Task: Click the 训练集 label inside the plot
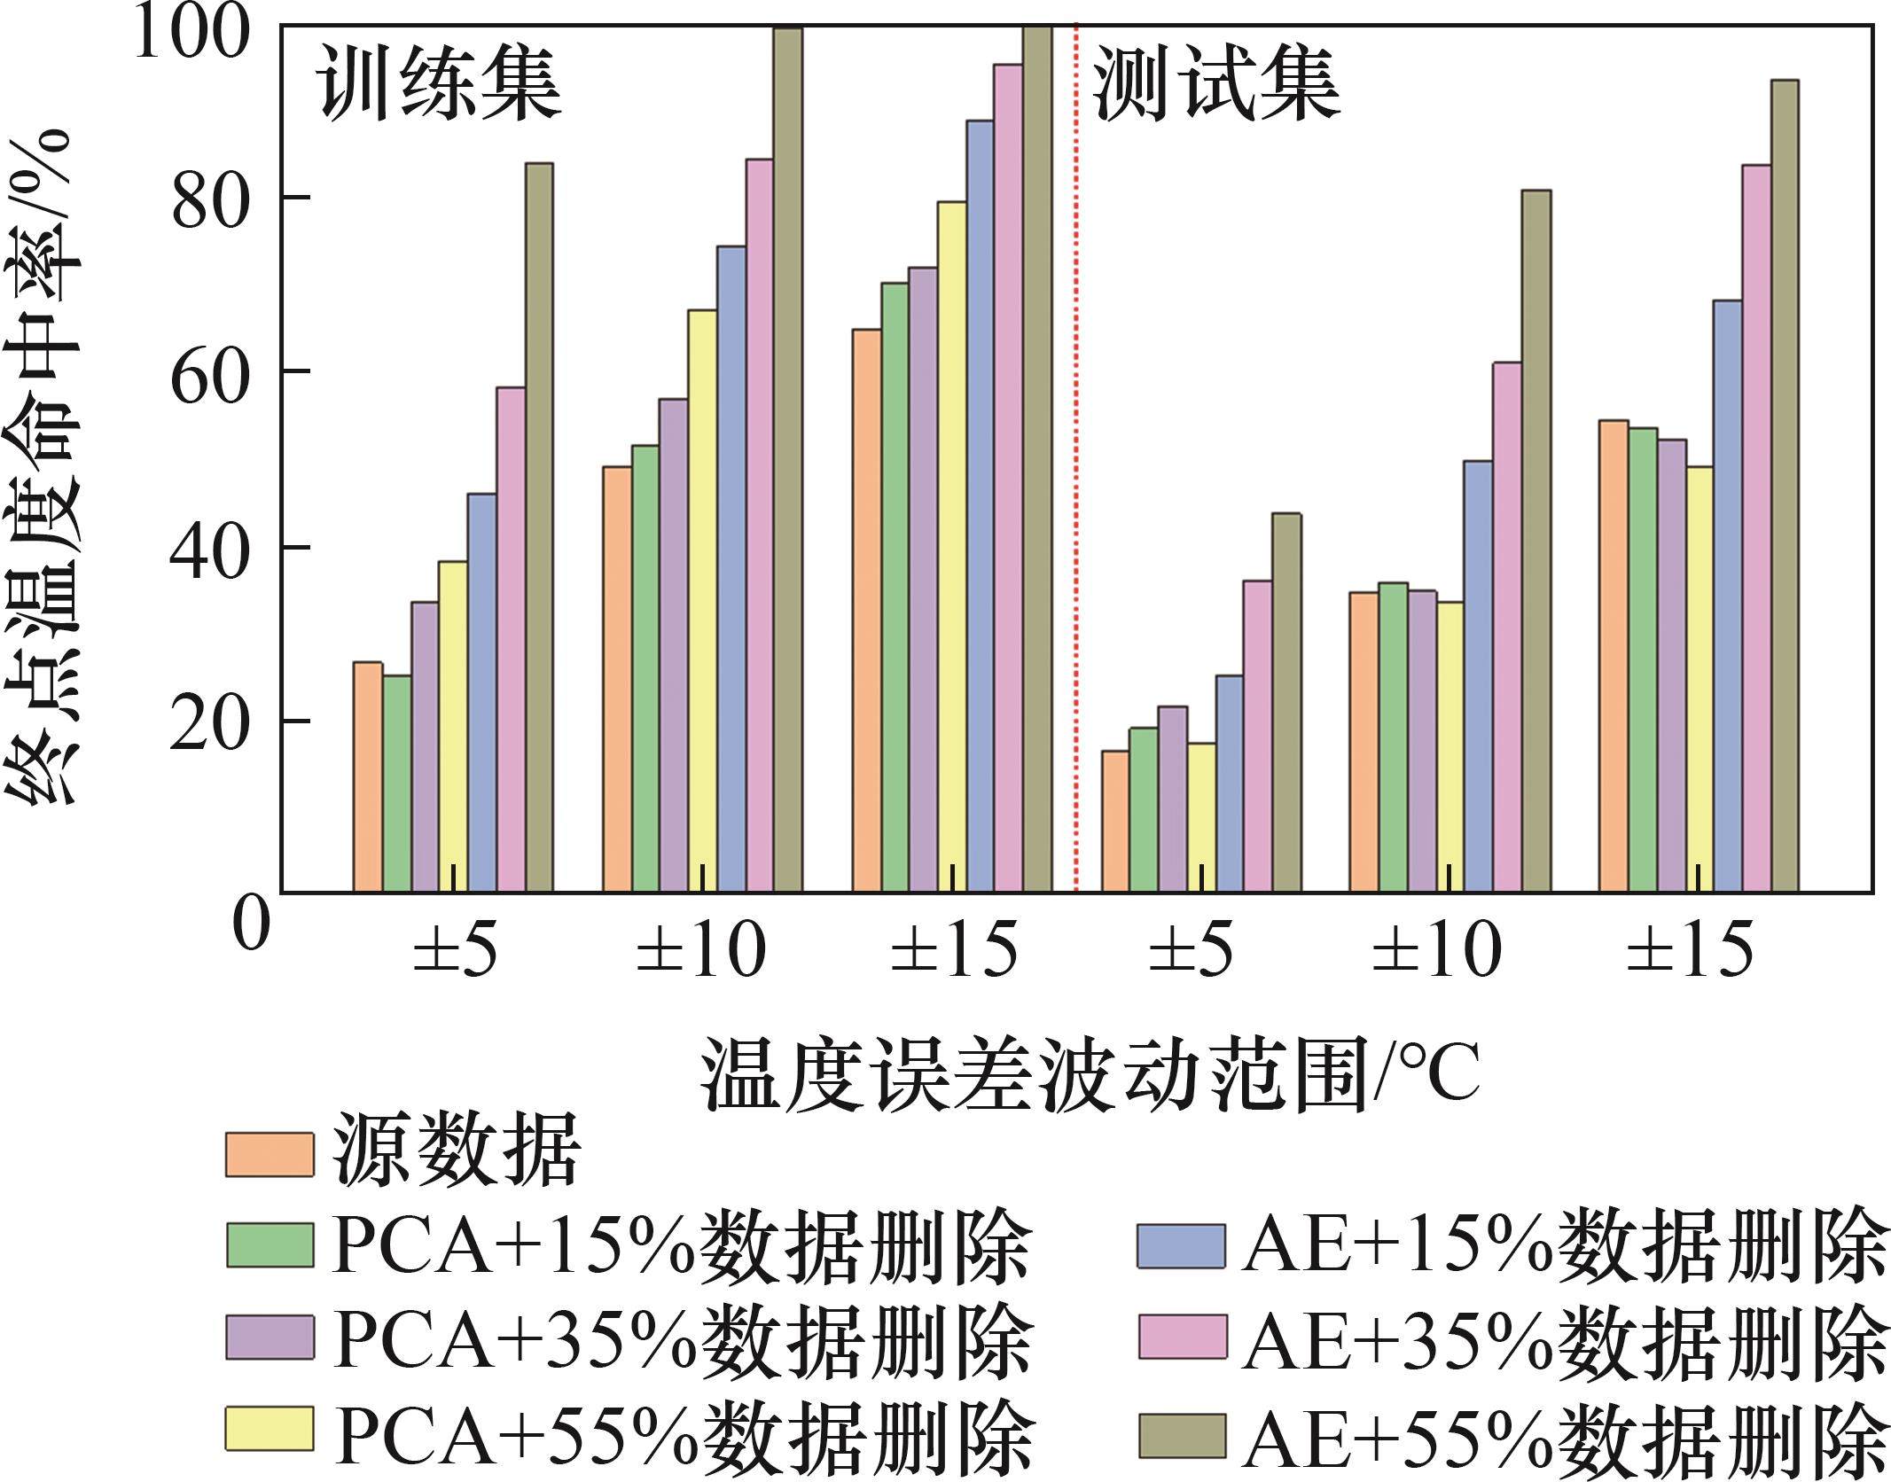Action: pos(441,85)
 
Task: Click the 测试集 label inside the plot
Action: pos(1216,85)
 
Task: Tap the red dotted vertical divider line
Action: pos(1076,443)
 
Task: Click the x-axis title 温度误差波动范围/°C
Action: pos(1090,1079)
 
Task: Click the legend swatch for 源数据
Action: pos(270,1154)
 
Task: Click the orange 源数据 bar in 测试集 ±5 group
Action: pos(1115,821)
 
